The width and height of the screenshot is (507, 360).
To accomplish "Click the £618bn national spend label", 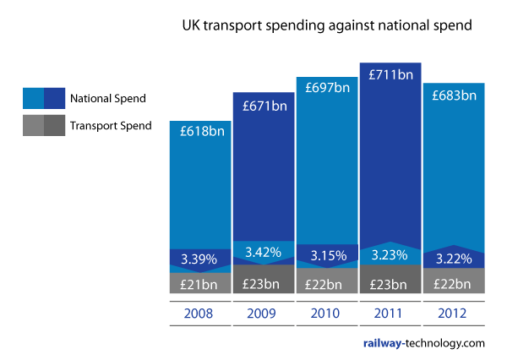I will click(x=201, y=132).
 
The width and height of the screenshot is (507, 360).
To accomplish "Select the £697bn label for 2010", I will click(x=327, y=89).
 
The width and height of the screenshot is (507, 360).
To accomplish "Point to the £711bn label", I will click(x=391, y=75).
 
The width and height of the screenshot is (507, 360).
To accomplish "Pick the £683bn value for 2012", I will click(x=454, y=95).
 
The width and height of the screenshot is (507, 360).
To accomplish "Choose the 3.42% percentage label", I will click(x=264, y=252).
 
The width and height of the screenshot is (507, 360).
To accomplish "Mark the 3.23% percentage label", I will click(x=391, y=254).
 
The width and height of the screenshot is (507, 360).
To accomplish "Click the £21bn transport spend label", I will click(x=201, y=283).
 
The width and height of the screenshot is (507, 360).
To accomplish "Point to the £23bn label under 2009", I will click(x=264, y=283).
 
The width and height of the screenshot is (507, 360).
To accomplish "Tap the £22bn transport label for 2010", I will click(x=327, y=283).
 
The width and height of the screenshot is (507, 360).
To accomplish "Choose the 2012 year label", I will click(x=454, y=315).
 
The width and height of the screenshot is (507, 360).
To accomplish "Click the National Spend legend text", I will click(x=109, y=99).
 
